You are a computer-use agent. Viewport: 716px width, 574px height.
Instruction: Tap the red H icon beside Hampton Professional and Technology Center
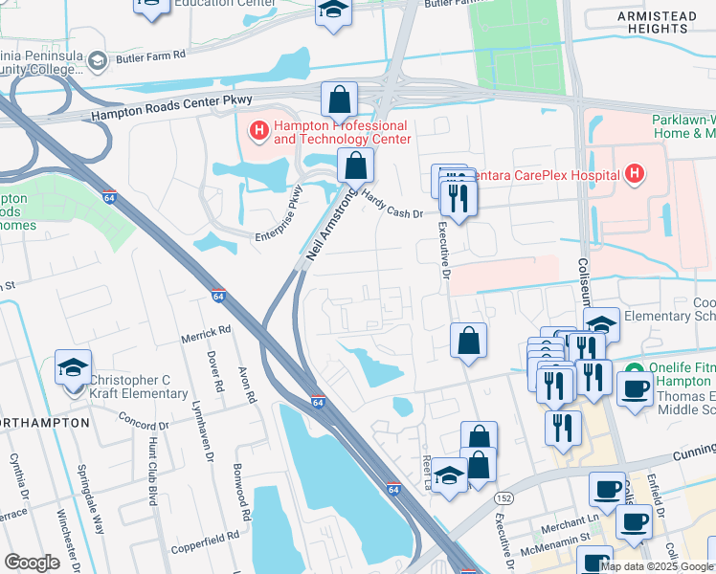pos(257,129)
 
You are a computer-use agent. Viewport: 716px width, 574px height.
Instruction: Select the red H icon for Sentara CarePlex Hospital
pos(633,173)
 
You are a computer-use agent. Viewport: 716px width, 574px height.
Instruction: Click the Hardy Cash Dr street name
pos(393,202)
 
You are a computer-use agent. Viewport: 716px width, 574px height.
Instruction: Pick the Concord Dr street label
pos(144,419)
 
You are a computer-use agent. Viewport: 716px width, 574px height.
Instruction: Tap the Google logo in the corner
pos(32,563)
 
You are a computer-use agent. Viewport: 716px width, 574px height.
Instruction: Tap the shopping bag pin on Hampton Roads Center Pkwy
pos(339,99)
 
